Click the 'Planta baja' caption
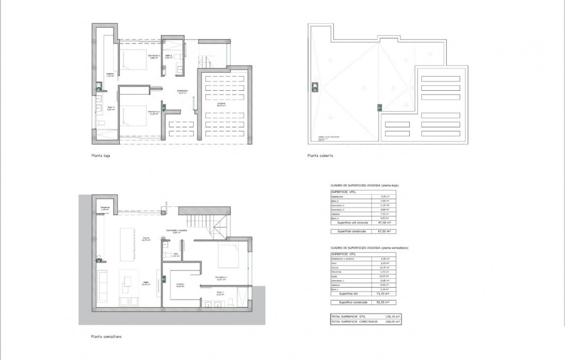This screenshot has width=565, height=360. [100, 156]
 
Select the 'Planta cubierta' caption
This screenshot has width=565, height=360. [320, 156]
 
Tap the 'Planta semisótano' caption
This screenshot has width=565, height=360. [106, 336]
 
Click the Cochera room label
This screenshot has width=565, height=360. [221, 104]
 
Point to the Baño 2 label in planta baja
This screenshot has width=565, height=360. [168, 56]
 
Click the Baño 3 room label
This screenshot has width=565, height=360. [111, 108]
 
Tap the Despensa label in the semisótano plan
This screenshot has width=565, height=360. [105, 209]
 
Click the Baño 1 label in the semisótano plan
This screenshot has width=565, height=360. [220, 293]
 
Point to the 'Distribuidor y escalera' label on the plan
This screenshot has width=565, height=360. [177, 231]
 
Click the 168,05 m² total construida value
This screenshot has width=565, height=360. [391, 321]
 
